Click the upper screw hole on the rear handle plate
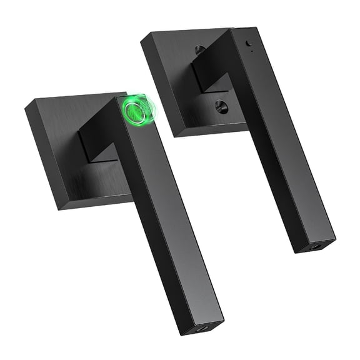click(199, 51)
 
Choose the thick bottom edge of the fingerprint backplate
click(94, 201)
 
